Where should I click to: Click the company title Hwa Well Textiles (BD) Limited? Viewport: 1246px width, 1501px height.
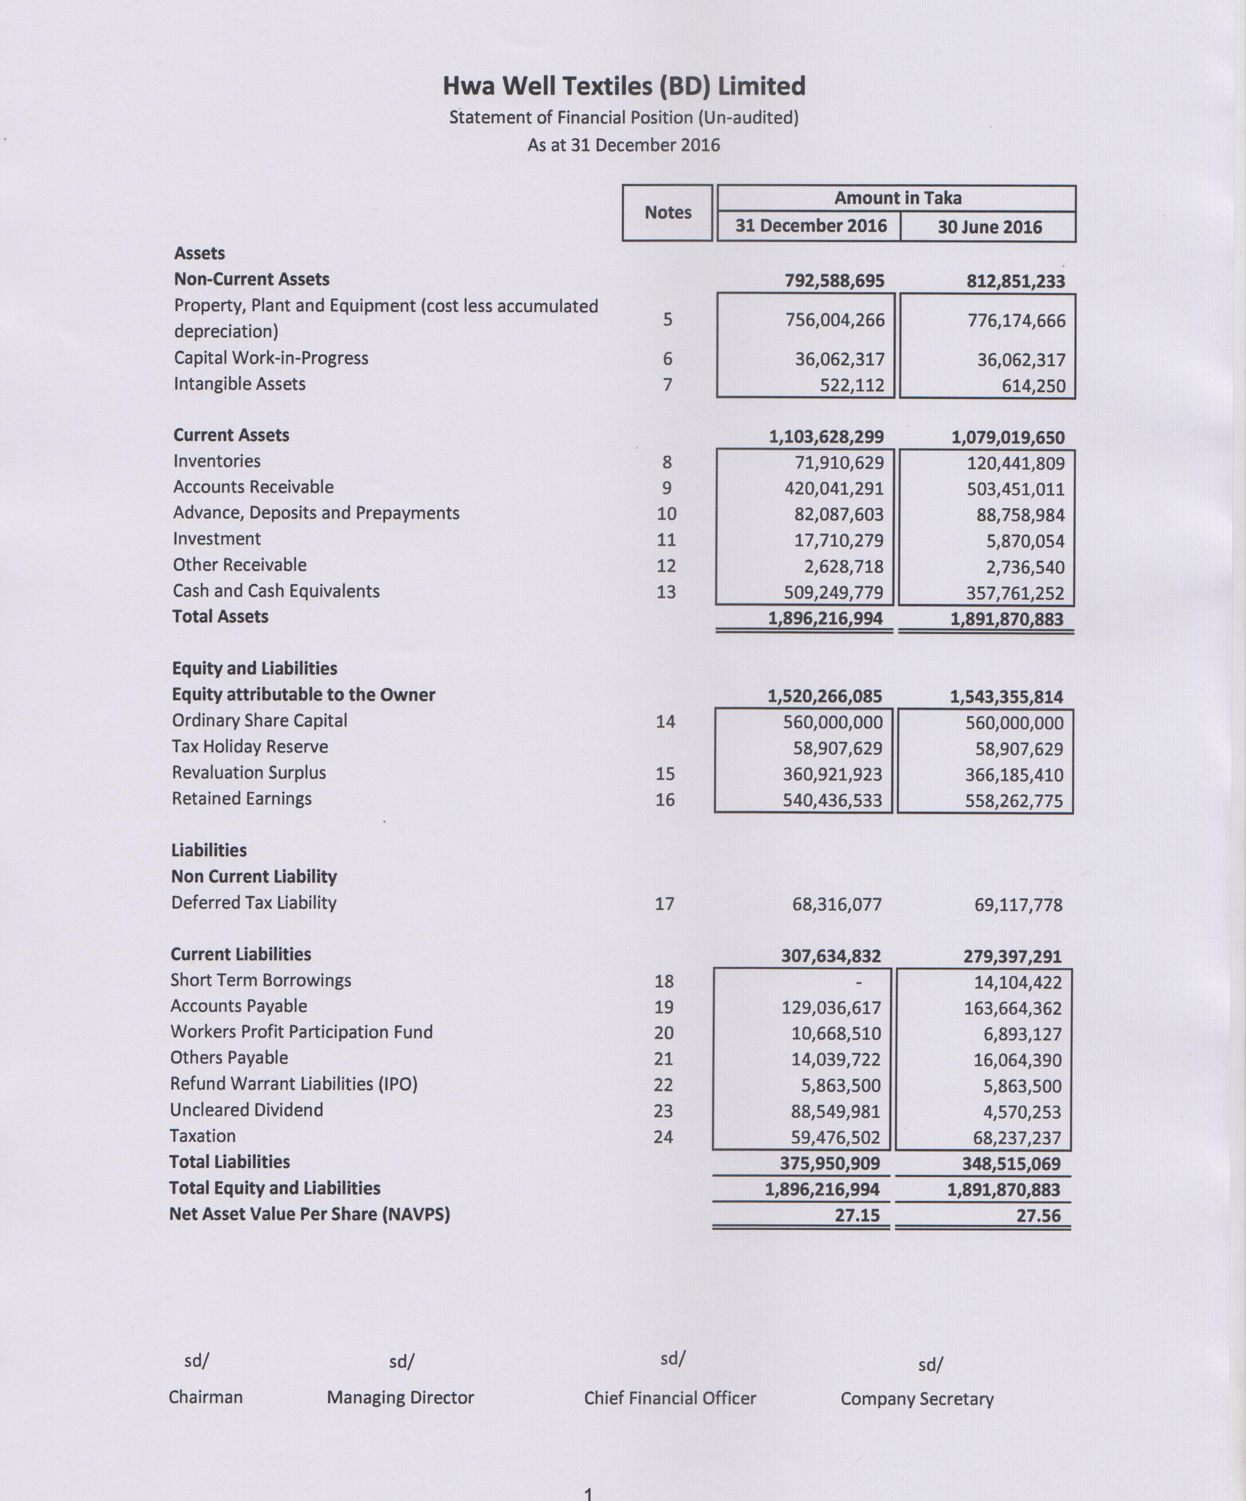click(x=623, y=86)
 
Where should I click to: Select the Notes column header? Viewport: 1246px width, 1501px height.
click(x=668, y=212)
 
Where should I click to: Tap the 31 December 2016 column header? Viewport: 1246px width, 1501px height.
click(x=811, y=226)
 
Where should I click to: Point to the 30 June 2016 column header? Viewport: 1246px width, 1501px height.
click(x=989, y=227)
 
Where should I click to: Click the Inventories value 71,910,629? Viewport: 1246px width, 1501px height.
click(x=839, y=462)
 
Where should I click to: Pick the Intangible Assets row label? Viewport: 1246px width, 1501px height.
click(x=239, y=384)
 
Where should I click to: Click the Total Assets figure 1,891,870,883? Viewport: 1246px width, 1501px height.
click(x=1007, y=619)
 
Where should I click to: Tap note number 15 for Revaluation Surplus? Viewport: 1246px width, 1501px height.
click(x=665, y=773)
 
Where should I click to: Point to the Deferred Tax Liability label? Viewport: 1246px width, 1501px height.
click(x=254, y=903)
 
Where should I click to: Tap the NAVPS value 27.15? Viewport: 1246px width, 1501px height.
click(x=857, y=1215)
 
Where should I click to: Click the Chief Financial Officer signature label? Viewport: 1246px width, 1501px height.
click(x=670, y=1398)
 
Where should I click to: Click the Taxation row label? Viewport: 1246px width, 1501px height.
click(x=202, y=1136)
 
